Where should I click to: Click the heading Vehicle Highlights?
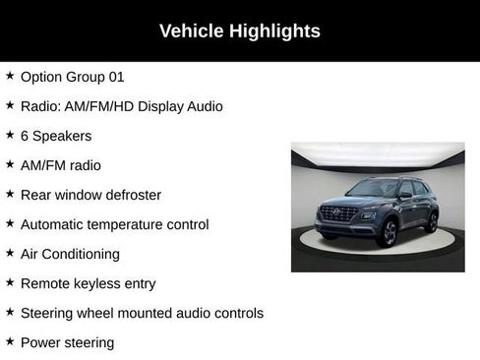pyautogui.click(x=240, y=31)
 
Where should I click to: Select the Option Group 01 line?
pyautogui.click(x=72, y=77)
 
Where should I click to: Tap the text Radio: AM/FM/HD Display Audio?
pyautogui.click(x=121, y=106)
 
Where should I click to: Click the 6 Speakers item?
pyautogui.click(x=56, y=136)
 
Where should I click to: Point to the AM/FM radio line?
pyautogui.click(x=60, y=165)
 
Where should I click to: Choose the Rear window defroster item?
pyautogui.click(x=90, y=195)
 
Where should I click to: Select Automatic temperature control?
pyautogui.click(x=114, y=224)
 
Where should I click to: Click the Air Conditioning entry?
pyautogui.click(x=70, y=254)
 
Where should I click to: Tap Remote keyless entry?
pyautogui.click(x=88, y=283)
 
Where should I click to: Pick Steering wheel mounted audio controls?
pyautogui.click(x=142, y=313)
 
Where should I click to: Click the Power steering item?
pyautogui.click(x=67, y=342)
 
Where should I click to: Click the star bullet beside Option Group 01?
pyautogui.click(x=10, y=76)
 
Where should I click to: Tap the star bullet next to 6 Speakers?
pyautogui.click(x=10, y=135)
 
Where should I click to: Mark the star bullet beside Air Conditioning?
pyautogui.click(x=10, y=253)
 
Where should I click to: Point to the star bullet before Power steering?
pyautogui.click(x=10, y=341)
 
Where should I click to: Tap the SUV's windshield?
pyautogui.click(x=372, y=188)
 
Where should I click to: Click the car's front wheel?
pyautogui.click(x=388, y=233)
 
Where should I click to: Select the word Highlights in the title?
pyautogui.click(x=276, y=31)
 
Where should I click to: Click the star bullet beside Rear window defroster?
pyautogui.click(x=10, y=194)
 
